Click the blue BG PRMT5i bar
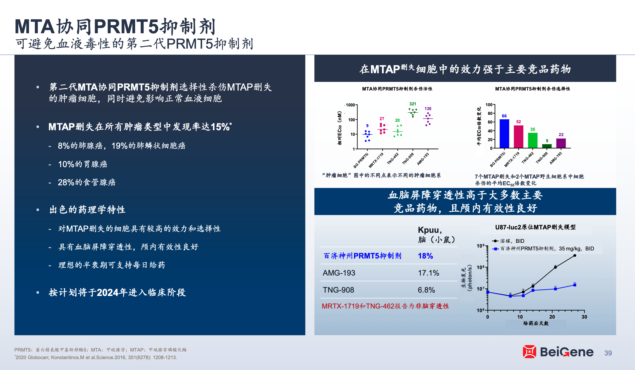[504, 134]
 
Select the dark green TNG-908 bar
[547, 146]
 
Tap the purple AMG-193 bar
[561, 143]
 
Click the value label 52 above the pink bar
[519, 122]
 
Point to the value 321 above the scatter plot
[413, 104]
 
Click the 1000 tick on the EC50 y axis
[350, 105]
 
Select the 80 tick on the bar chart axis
[490, 113]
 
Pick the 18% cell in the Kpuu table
[425, 256]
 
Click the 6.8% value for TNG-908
[426, 290]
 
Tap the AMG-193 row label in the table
[339, 273]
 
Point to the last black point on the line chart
[575, 255]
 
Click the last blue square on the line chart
[575, 285]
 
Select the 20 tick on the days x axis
[552, 317]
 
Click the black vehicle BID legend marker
[495, 241]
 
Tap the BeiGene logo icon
[529, 352]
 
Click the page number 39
[608, 353]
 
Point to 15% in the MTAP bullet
[220, 127]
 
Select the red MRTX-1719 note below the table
[385, 306]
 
